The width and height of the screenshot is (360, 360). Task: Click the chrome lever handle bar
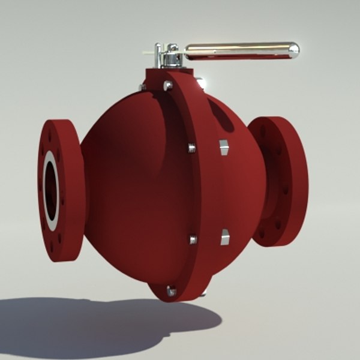pyautogui.click(x=240, y=50)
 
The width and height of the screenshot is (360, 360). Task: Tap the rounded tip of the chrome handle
pyautogui.click(x=293, y=50)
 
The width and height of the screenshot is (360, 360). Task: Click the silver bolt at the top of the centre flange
pyautogui.click(x=168, y=85)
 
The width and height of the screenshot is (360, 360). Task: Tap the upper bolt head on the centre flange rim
pyautogui.click(x=191, y=147)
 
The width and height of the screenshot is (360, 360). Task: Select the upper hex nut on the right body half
pyautogui.click(x=223, y=147)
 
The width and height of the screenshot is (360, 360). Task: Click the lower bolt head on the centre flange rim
pyautogui.click(x=193, y=239)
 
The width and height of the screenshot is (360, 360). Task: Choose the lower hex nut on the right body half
pyautogui.click(x=225, y=237)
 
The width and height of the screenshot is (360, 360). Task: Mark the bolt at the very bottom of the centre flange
pyautogui.click(x=172, y=291)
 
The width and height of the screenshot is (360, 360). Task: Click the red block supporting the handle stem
pyautogui.click(x=159, y=75)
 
